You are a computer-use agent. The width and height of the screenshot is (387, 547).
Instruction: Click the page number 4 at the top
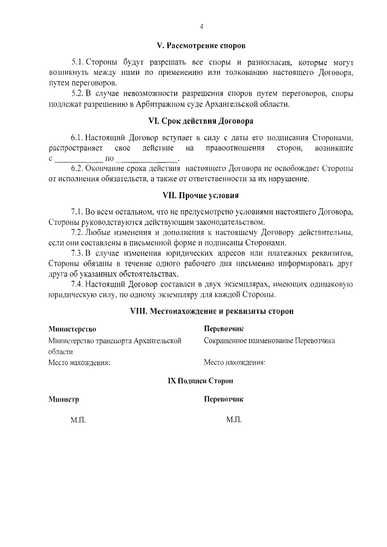201,27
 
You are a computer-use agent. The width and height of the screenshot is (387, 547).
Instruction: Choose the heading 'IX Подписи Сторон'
200,381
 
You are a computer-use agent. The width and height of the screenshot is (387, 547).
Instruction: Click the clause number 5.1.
78,62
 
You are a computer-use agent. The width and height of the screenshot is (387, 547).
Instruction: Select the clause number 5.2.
78,94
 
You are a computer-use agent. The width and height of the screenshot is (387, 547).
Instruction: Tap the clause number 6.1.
77,138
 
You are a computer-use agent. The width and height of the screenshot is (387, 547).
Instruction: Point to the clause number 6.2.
77,169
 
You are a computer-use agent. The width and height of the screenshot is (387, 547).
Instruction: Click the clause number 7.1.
78,212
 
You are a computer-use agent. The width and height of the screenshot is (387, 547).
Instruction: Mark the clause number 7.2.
78,233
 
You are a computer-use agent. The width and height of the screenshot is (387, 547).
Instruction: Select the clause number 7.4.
78,285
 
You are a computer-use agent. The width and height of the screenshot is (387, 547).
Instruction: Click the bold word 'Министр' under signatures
63,400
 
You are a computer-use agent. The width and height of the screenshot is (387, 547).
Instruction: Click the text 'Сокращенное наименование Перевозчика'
269,341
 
